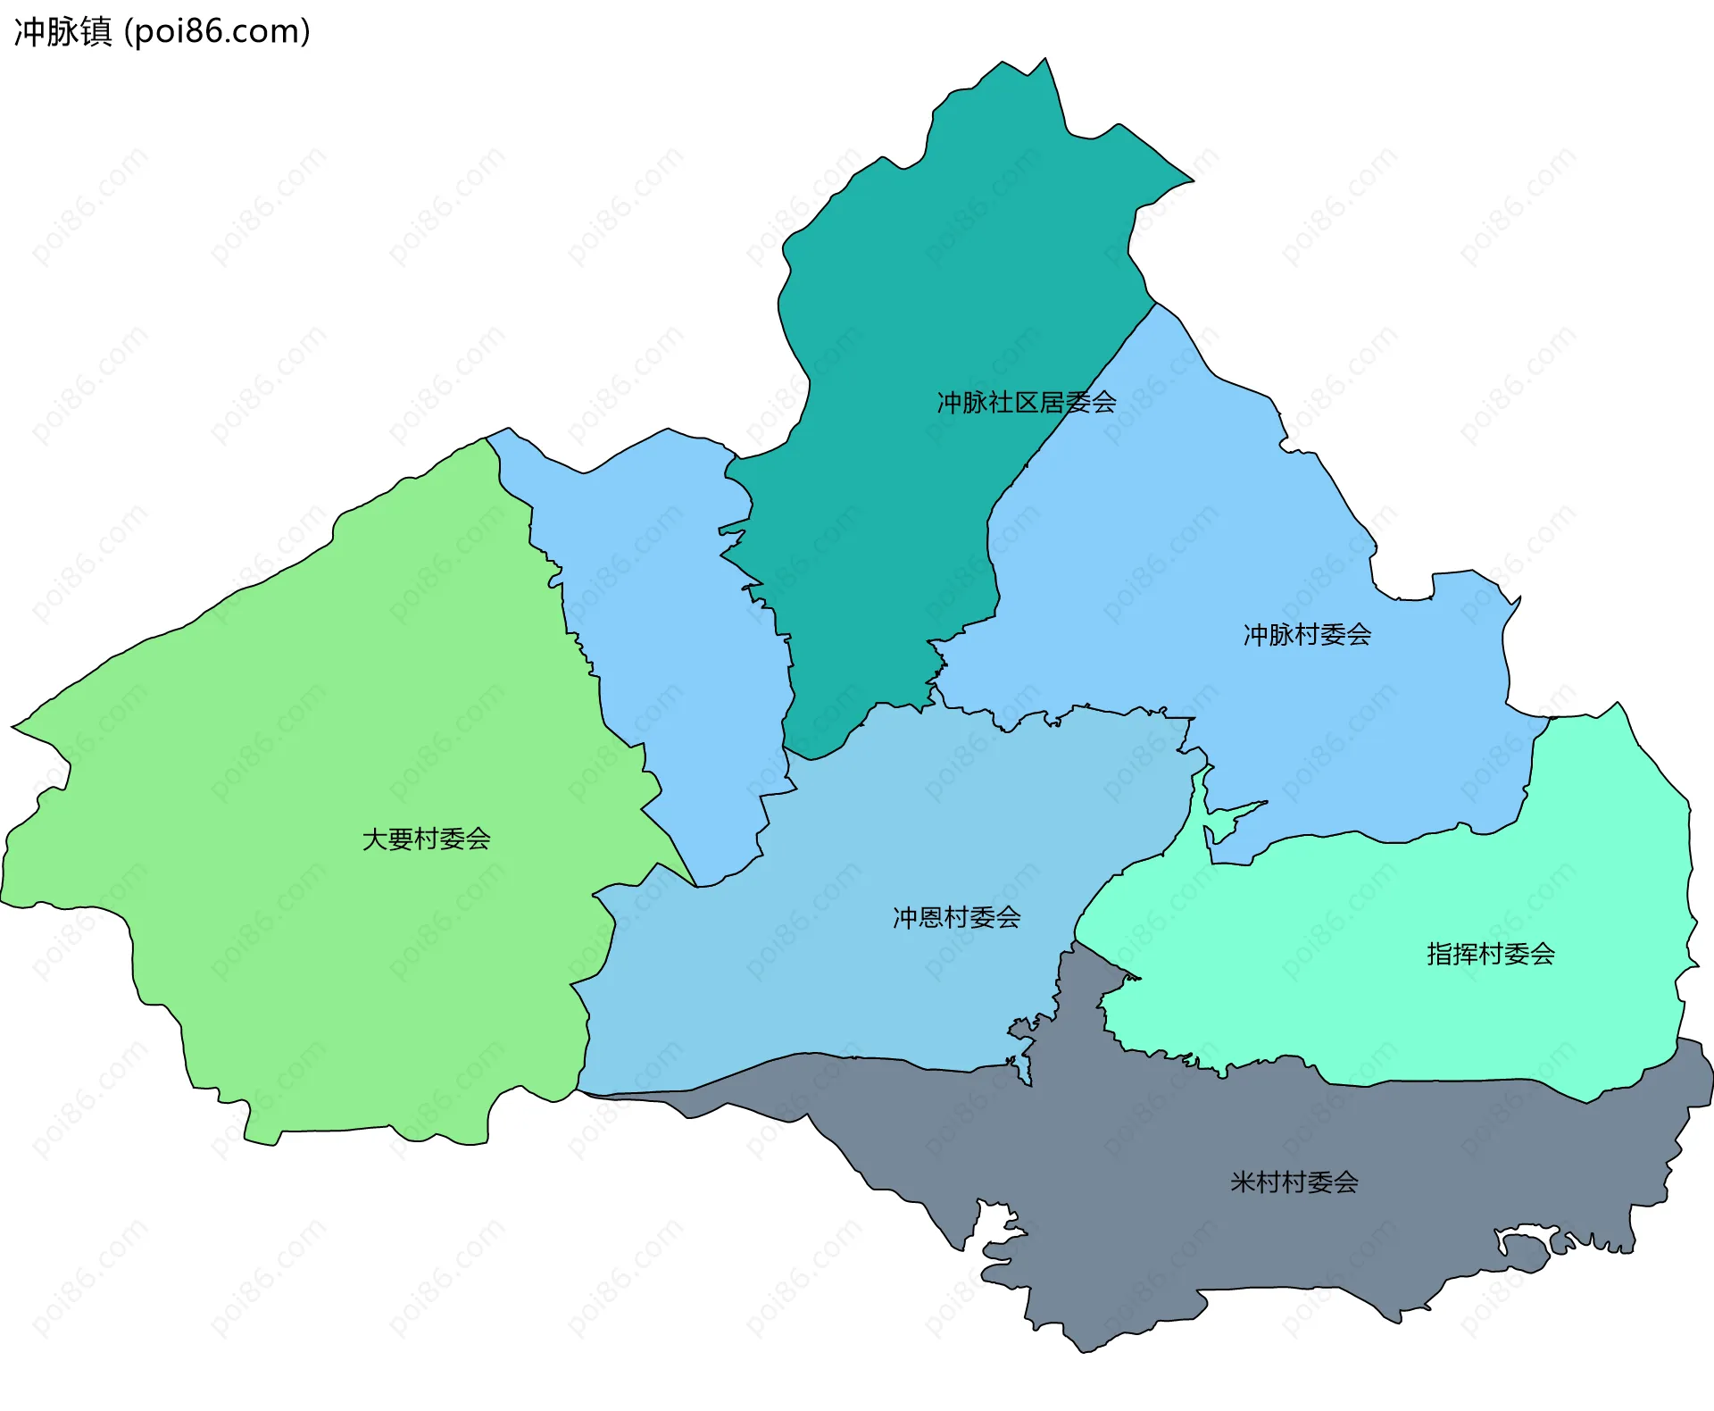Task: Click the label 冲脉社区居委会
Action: click(1026, 403)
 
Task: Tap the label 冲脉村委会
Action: click(1307, 635)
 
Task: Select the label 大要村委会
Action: click(426, 839)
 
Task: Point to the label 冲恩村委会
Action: click(956, 918)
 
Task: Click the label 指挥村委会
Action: click(1490, 955)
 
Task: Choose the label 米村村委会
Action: click(1294, 1183)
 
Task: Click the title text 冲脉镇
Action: click(62, 31)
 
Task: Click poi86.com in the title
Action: click(218, 31)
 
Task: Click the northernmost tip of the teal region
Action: click(1045, 60)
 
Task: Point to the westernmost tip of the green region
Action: click(12, 726)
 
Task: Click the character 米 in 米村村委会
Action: click(1243, 1183)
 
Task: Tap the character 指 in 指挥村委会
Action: click(1439, 955)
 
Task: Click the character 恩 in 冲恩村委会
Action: click(930, 918)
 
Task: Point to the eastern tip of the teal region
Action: click(1192, 180)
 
